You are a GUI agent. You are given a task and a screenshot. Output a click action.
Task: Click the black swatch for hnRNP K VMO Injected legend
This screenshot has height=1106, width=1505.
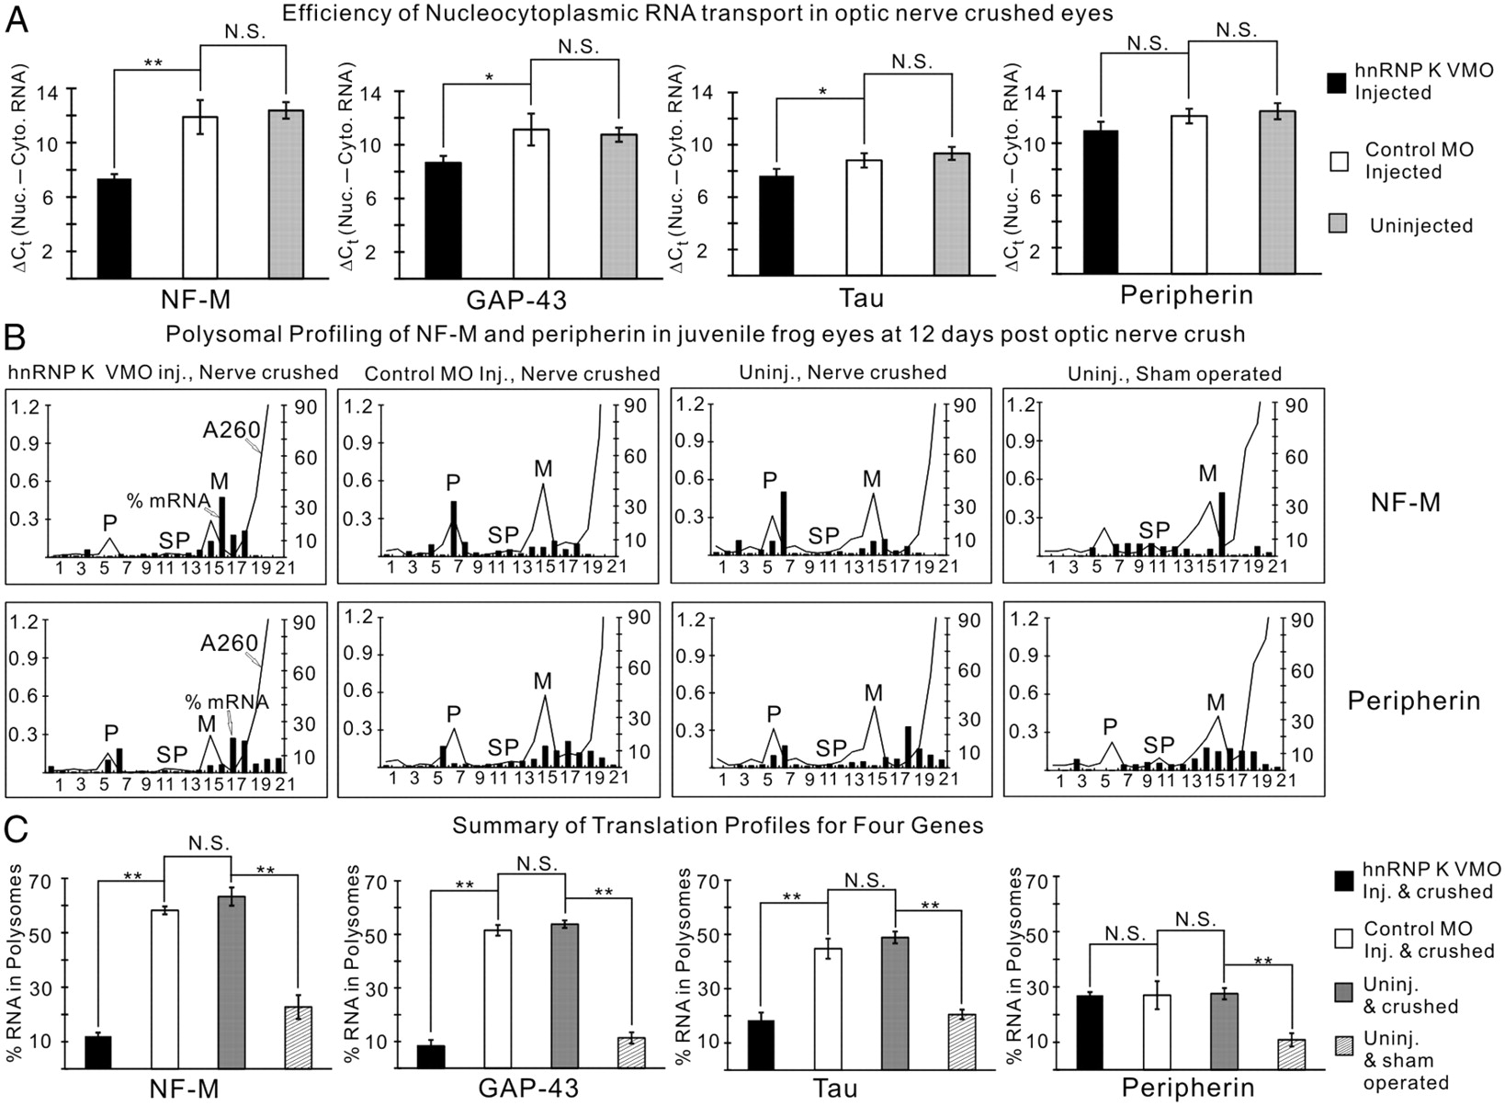click(1339, 82)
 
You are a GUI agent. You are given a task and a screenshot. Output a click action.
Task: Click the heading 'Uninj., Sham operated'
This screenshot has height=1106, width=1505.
click(1174, 373)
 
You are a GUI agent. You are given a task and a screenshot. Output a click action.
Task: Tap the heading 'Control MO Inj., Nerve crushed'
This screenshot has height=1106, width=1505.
click(512, 374)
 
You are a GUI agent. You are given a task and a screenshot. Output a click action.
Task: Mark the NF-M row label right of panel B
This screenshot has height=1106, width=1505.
click(1405, 502)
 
